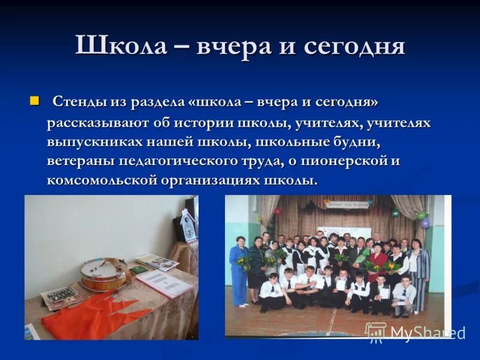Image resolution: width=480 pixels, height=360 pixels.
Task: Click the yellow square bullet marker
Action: click(34, 100)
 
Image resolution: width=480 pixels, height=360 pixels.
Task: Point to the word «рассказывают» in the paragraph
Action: click(104, 122)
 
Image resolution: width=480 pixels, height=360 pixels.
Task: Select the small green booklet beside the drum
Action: click(139, 271)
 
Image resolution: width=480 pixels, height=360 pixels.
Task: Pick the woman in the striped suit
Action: click(419, 270)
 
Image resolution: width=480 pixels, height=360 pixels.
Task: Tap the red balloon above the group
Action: click(278, 211)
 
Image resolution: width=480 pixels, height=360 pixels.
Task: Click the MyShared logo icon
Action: click(376, 332)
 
